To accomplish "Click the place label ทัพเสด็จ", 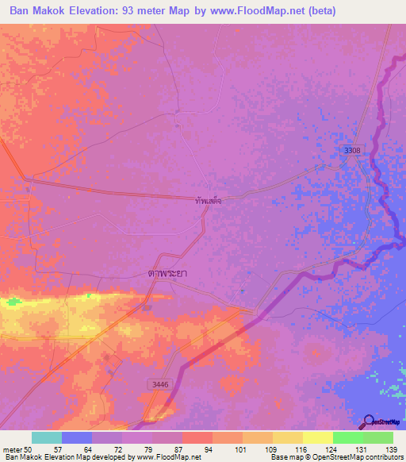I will (x=208, y=202).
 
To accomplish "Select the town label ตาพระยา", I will (x=172, y=272).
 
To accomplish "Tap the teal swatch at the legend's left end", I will (x=46, y=437).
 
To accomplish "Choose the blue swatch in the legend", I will (x=76, y=437).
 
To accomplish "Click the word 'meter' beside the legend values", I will (x=11, y=449).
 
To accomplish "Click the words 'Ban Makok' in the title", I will (x=39, y=11).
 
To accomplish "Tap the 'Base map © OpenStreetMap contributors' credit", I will (x=336, y=457).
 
